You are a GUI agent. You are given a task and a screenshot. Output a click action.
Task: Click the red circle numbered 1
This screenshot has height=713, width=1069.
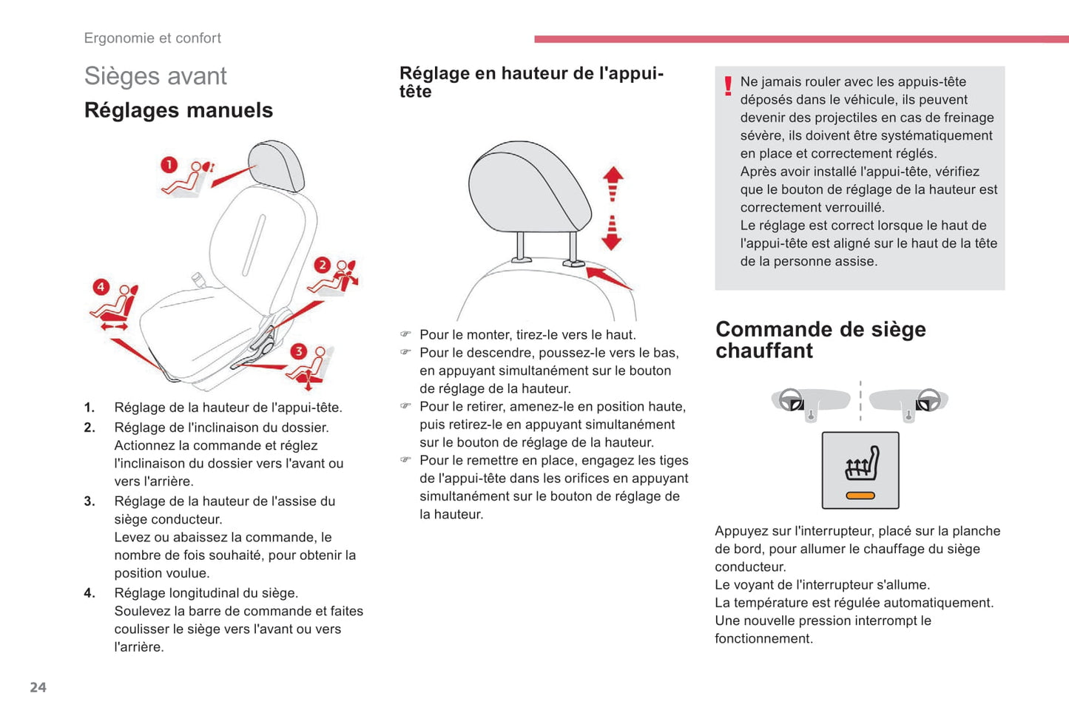[x=169, y=164]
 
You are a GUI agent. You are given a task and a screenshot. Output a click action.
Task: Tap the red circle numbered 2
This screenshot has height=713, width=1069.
[x=322, y=265]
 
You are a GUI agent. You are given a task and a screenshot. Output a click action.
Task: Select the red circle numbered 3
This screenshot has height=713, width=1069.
[x=298, y=351]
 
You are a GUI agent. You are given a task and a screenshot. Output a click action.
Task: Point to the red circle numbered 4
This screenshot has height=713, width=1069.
[x=101, y=287]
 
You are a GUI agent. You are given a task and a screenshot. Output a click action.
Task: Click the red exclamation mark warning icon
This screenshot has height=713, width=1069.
[x=728, y=87]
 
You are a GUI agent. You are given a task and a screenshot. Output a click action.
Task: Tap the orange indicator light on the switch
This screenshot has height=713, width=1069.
[x=860, y=496]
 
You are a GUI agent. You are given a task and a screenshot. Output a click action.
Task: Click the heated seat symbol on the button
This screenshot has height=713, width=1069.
[x=862, y=464]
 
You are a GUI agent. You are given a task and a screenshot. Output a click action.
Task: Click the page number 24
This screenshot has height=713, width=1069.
[x=38, y=687]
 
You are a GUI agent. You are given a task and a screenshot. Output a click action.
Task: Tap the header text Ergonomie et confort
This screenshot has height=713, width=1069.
[x=152, y=38]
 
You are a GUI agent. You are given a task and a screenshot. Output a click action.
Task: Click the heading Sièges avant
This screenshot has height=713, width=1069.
[x=155, y=75]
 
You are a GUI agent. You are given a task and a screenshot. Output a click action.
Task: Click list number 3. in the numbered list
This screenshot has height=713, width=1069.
[x=90, y=501]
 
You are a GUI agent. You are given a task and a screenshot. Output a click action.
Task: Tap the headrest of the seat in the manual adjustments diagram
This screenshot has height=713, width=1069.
[x=276, y=164]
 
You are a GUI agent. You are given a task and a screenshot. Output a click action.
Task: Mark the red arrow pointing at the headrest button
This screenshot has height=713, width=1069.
[x=609, y=278]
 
